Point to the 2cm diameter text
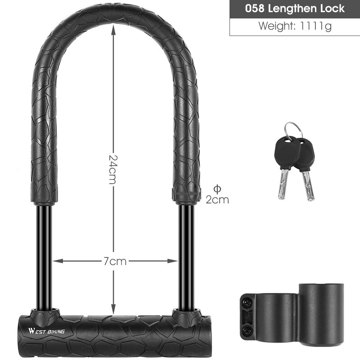click(x=217, y=200)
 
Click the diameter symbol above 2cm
click(x=218, y=188)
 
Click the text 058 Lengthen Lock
click(x=295, y=9)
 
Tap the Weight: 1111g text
click(x=295, y=27)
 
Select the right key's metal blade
click(x=308, y=184)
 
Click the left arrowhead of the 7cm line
click(x=56, y=261)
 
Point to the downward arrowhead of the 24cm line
click(x=113, y=312)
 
